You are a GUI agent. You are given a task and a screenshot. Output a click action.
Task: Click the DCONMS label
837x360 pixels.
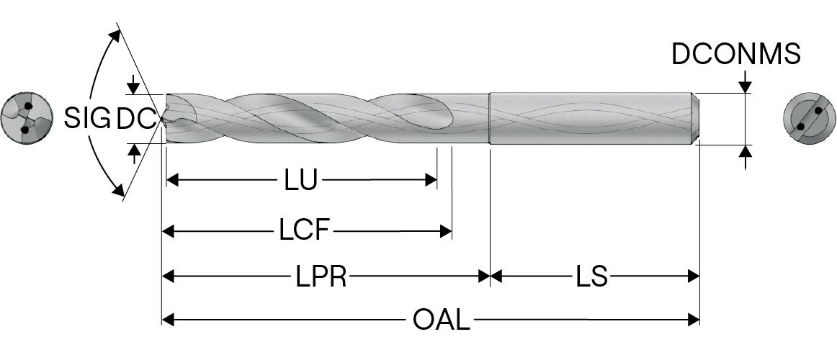tap(735, 54)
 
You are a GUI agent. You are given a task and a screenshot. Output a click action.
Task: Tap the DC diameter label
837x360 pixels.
tap(135, 119)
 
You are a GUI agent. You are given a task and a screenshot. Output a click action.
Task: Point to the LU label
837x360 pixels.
tap(300, 180)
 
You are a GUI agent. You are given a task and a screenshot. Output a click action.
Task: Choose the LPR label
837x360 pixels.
tap(321, 276)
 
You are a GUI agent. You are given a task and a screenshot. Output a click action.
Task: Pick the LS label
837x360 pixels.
tap(591, 276)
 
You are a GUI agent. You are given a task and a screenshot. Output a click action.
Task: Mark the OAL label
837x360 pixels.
tap(441, 319)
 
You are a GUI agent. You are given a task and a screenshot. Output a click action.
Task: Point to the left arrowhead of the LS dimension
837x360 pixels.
tap(496, 276)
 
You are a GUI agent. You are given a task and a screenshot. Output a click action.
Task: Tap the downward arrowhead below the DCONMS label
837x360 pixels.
tap(745, 86)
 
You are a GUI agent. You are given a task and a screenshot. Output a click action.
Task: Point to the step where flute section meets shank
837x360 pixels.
tap(490, 119)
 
